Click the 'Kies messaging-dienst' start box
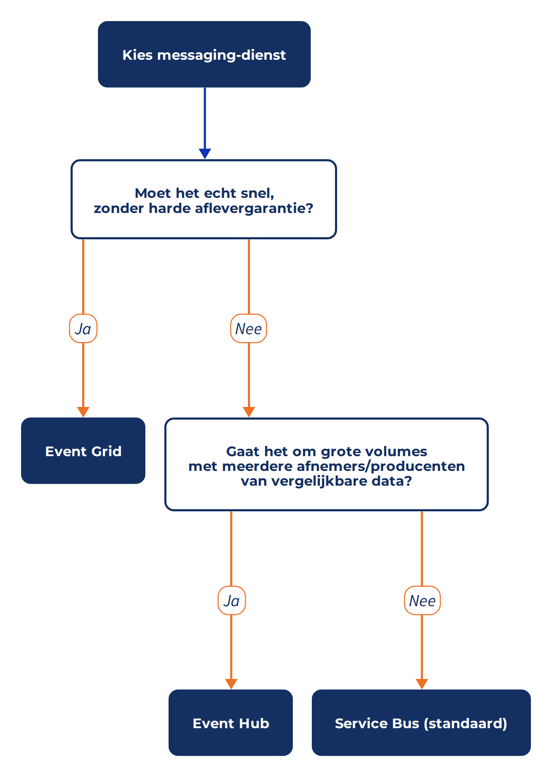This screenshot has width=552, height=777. [204, 54]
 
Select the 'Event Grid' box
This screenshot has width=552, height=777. [83, 451]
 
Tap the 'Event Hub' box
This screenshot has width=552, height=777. [231, 723]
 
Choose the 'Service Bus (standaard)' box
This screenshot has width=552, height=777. [421, 723]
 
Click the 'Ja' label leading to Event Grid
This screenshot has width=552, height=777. [83, 329]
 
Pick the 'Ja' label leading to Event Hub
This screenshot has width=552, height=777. [232, 601]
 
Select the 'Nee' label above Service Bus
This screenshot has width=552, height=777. [422, 601]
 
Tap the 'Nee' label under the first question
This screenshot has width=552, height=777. [249, 329]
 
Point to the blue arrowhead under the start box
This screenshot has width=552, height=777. [205, 154]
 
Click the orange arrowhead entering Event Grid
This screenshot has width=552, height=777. [83, 412]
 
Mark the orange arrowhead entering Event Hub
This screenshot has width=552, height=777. [231, 684]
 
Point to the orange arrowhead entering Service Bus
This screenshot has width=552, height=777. [422, 684]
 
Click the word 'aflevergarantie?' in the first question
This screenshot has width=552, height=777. [254, 208]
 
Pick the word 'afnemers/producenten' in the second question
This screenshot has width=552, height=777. [381, 466]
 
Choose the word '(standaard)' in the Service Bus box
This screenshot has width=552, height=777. [465, 723]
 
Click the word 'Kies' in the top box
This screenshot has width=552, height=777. [138, 55]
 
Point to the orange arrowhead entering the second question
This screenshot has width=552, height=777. [249, 412]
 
